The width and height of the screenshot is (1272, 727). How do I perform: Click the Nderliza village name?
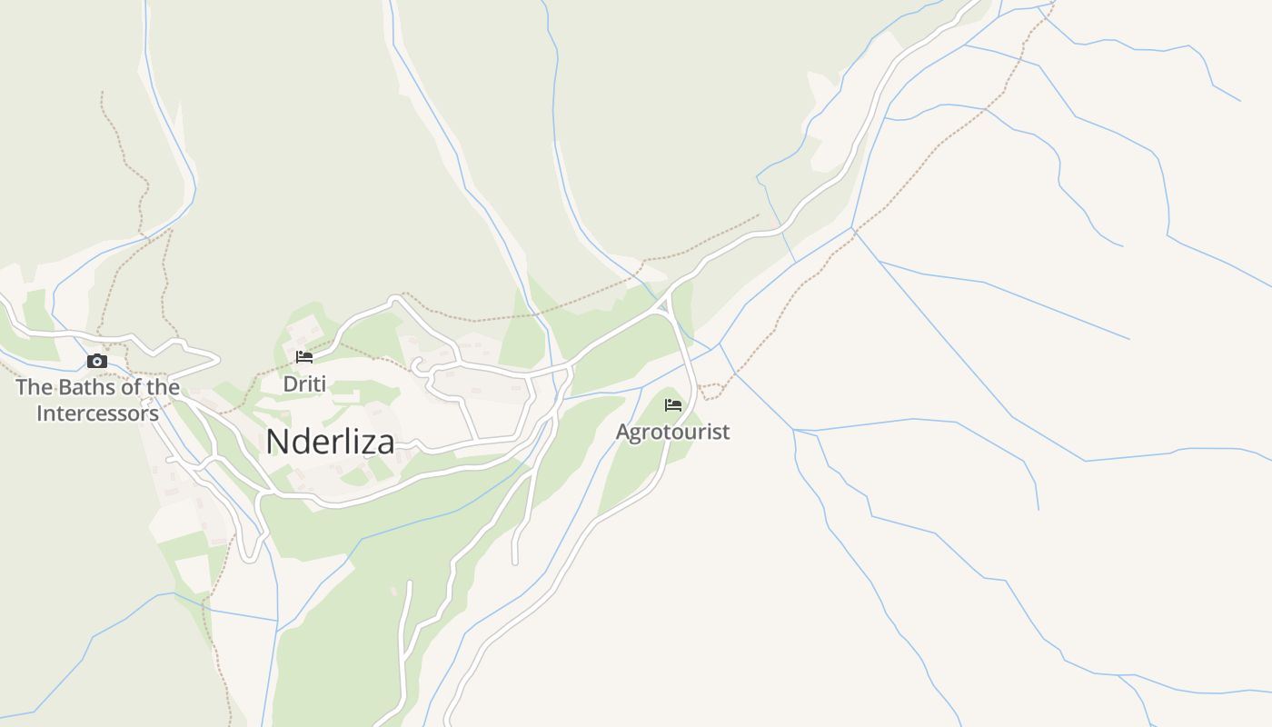pos(330,442)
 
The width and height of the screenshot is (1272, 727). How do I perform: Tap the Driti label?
pos(304,384)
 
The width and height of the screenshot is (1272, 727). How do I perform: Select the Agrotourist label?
pos(672,432)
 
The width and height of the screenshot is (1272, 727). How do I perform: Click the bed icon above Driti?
pos(304,357)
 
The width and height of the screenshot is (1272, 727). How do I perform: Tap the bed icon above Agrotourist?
pos(673,404)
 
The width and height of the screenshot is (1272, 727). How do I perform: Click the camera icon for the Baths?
pos(97,362)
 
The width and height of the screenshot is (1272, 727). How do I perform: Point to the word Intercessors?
pos(98,413)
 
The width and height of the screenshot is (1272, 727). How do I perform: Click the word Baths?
pos(87,387)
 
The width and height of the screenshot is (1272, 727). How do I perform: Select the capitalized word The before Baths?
pos(35,387)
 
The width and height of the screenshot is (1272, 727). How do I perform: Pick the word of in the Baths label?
pos(131,387)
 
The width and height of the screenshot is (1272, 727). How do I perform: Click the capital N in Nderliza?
pos(276,442)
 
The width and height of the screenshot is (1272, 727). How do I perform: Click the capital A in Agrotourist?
pos(623,432)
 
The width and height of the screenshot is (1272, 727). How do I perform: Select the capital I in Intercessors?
pos(40,413)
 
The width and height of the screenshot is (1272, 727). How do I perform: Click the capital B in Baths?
pos(66,387)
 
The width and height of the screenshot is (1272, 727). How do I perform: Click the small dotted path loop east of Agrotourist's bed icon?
pos(711,392)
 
